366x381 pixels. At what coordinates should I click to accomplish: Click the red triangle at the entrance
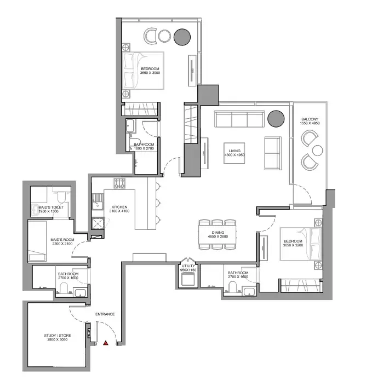[106, 343]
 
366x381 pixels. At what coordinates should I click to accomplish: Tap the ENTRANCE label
[105, 314]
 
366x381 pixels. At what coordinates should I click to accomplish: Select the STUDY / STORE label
[58, 336]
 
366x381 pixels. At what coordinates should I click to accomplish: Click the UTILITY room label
[188, 266]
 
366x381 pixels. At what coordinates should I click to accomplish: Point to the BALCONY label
[310, 119]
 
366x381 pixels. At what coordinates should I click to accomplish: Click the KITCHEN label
[119, 207]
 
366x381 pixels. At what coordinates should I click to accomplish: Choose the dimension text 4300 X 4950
[235, 155]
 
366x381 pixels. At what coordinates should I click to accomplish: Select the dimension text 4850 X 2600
[218, 236]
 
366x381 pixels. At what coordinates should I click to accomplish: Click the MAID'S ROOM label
[62, 240]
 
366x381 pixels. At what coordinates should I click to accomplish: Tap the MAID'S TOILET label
[51, 207]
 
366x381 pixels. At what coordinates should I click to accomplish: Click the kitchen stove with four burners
[119, 183]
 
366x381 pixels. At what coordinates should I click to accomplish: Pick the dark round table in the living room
[276, 119]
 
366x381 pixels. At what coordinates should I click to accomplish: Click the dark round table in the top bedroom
[182, 37]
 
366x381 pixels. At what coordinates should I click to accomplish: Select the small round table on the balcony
[318, 151]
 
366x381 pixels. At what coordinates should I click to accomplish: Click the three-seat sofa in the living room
[239, 119]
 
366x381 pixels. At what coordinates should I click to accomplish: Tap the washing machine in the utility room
[188, 279]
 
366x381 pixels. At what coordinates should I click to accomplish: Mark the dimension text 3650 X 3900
[150, 73]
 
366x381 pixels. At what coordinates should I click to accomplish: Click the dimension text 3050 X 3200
[293, 245]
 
